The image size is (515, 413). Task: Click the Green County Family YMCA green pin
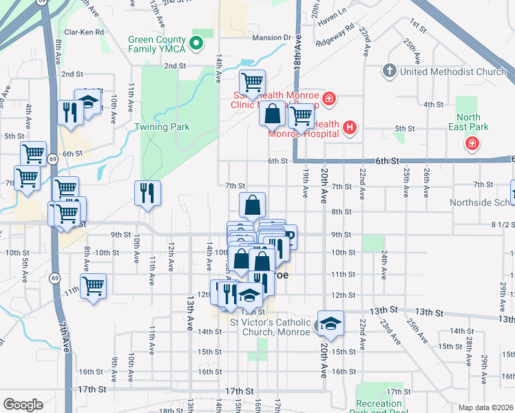tap(196, 44)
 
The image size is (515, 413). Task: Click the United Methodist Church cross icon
tap(389, 71)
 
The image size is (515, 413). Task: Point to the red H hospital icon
tap(350, 127)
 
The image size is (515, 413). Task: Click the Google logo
tap(23, 405)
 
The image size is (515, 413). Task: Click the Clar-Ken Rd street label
tap(83, 32)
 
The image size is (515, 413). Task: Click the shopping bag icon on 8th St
tap(253, 204)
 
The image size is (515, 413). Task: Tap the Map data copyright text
tap(485, 407)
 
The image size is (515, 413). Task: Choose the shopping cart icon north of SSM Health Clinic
tap(253, 82)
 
